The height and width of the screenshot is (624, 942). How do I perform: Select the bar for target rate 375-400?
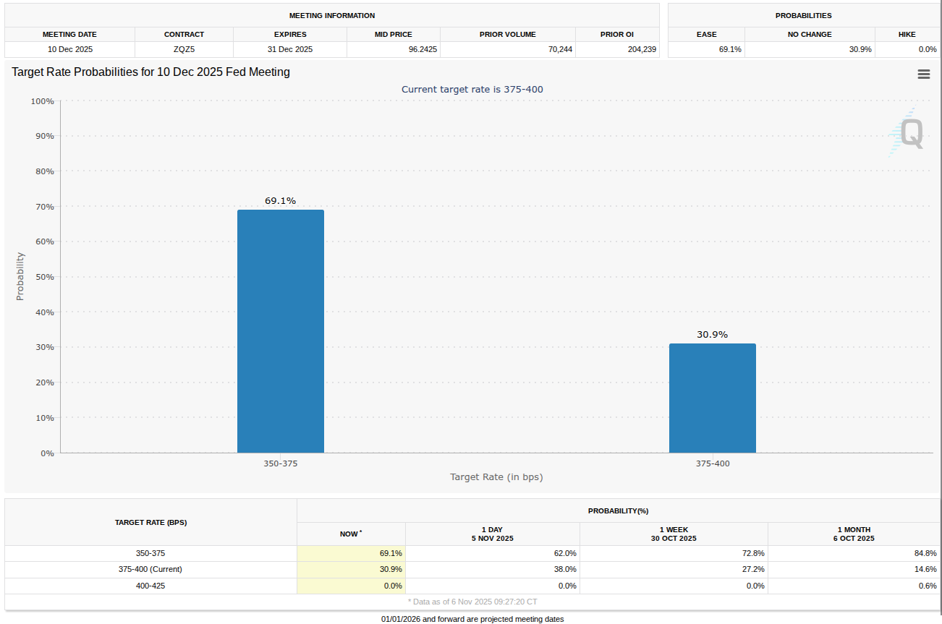click(712, 398)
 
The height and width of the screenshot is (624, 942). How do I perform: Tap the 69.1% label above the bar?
click(280, 201)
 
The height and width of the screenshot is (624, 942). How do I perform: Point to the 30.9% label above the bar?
click(712, 335)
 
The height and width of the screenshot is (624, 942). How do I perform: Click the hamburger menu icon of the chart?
click(923, 74)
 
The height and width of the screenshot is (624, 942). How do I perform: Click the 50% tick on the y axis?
click(44, 277)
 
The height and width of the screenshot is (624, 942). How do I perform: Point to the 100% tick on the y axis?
click(42, 101)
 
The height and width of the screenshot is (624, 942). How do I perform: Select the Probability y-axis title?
click(20, 276)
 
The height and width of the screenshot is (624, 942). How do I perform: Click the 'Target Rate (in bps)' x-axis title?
click(496, 477)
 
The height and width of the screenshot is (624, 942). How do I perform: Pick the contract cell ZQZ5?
click(184, 49)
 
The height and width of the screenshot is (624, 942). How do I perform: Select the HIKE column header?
click(907, 34)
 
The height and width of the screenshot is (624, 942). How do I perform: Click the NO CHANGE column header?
click(810, 34)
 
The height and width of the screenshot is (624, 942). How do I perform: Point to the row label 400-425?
click(150, 586)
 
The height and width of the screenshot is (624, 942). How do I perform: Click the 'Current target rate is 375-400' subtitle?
click(472, 89)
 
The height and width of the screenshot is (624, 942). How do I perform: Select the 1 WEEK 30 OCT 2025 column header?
click(674, 534)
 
